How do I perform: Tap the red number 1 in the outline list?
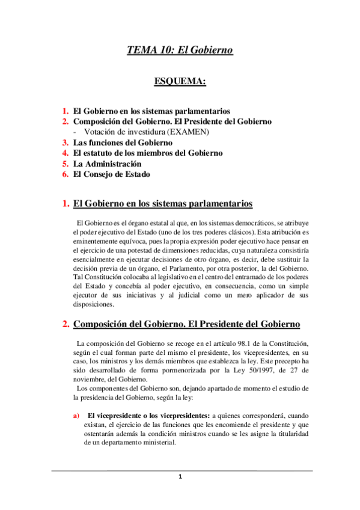[66, 111]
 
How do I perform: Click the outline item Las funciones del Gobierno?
[123, 143]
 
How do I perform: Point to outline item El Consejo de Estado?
[111, 174]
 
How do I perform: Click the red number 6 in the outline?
[66, 174]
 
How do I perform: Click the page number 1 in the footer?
[180, 477]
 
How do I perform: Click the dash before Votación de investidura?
[75, 132]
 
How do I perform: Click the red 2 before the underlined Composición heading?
[66, 325]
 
